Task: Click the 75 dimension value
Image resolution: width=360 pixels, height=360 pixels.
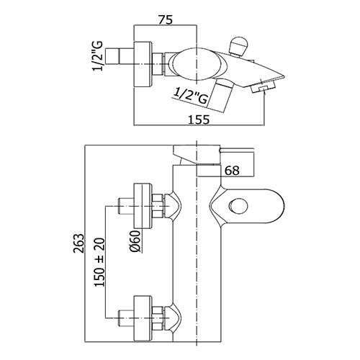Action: click(165, 19)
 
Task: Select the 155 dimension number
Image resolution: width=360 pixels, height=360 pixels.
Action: click(199, 120)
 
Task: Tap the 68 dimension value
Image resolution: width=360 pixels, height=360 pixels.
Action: click(232, 171)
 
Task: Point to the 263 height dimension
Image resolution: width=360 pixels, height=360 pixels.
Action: click(79, 243)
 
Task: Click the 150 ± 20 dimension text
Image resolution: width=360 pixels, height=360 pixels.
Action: click(99, 262)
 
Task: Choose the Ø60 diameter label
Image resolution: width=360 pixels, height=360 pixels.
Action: click(135, 241)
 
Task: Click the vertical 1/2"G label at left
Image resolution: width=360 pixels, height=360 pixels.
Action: click(97, 56)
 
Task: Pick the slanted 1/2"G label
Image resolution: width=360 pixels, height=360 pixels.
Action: click(191, 96)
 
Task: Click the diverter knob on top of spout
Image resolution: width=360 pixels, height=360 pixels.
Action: click(238, 46)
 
